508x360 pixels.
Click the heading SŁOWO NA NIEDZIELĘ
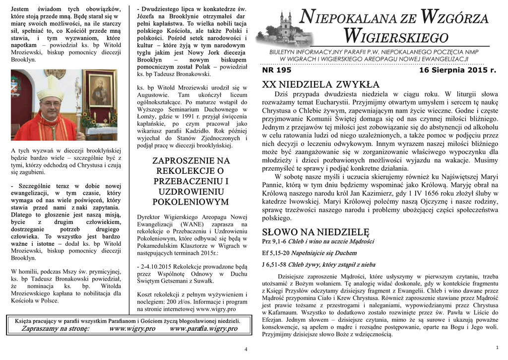[316, 232]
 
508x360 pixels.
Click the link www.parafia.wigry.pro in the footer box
[203, 329]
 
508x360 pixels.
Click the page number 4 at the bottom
[246, 350]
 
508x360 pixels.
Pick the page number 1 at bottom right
[497, 347]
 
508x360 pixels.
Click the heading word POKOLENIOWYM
[190, 202]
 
